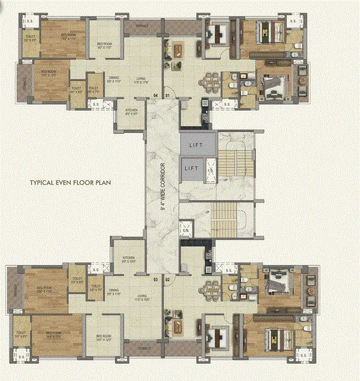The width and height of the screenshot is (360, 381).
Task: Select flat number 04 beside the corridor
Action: (x=155, y=95)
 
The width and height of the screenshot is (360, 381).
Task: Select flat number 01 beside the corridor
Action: (x=167, y=95)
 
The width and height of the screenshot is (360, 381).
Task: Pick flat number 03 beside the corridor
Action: (x=155, y=280)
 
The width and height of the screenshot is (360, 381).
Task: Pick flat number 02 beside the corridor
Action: (x=167, y=280)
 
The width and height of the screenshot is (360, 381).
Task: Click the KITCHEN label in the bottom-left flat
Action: (x=129, y=257)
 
